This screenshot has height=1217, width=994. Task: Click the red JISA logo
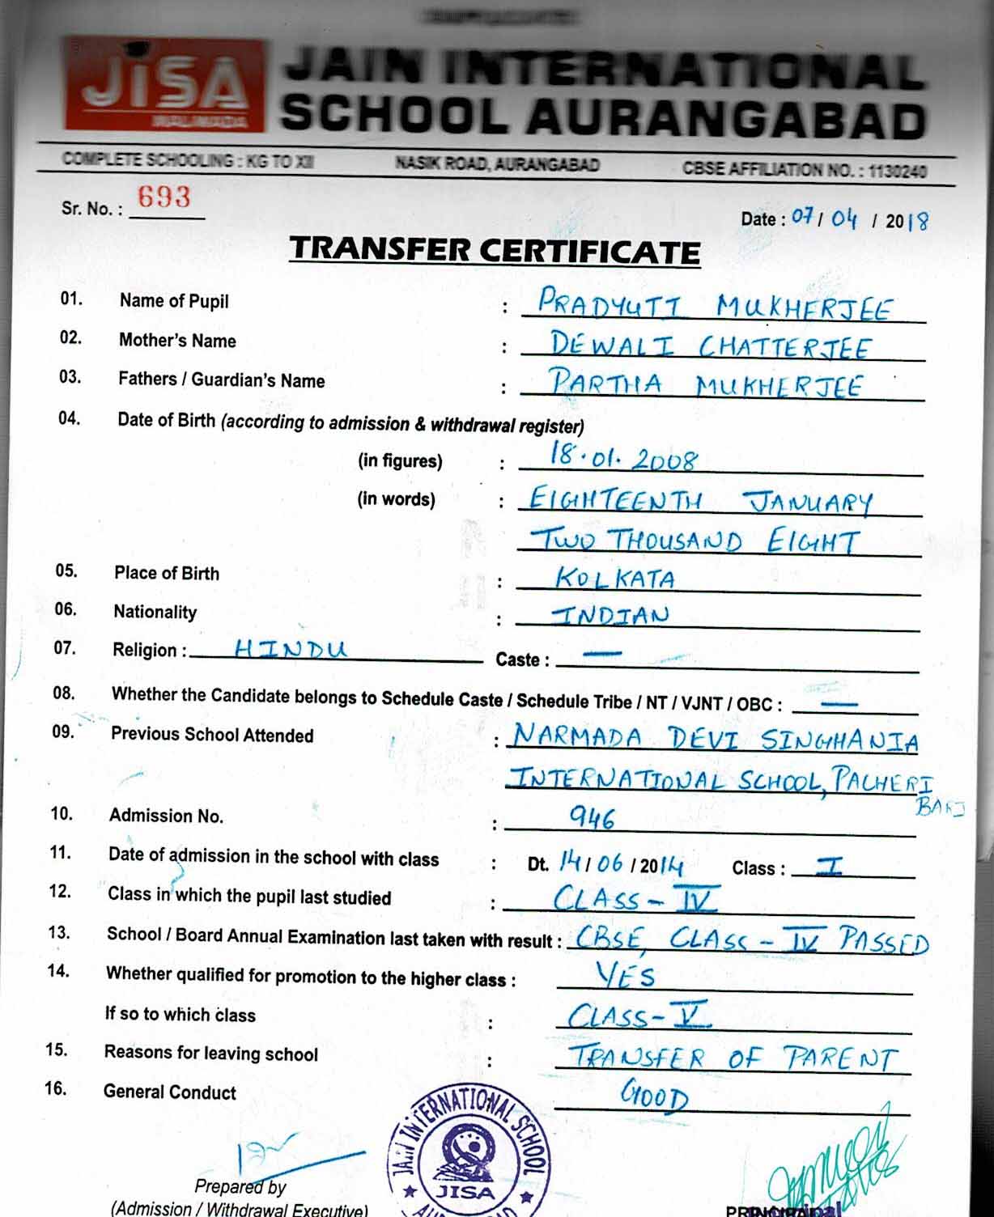(x=165, y=85)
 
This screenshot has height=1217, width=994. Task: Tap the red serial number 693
(x=164, y=197)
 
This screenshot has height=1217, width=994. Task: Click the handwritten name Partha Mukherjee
(x=705, y=384)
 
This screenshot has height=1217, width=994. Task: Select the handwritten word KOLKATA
(x=614, y=578)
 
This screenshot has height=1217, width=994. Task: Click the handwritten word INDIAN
(x=610, y=616)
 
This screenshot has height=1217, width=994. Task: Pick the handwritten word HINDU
(x=290, y=649)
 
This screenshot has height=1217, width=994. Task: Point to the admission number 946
(x=592, y=818)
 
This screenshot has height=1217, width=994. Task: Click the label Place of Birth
(x=167, y=574)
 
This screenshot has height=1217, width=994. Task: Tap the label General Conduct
(x=170, y=1092)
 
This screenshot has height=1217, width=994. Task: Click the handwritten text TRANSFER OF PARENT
(x=733, y=1058)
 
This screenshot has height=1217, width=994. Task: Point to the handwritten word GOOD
(x=654, y=1096)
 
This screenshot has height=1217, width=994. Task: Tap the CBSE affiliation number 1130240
(x=898, y=171)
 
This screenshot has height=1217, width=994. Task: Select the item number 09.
(x=63, y=732)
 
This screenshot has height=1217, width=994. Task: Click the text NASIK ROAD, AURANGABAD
(x=497, y=164)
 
